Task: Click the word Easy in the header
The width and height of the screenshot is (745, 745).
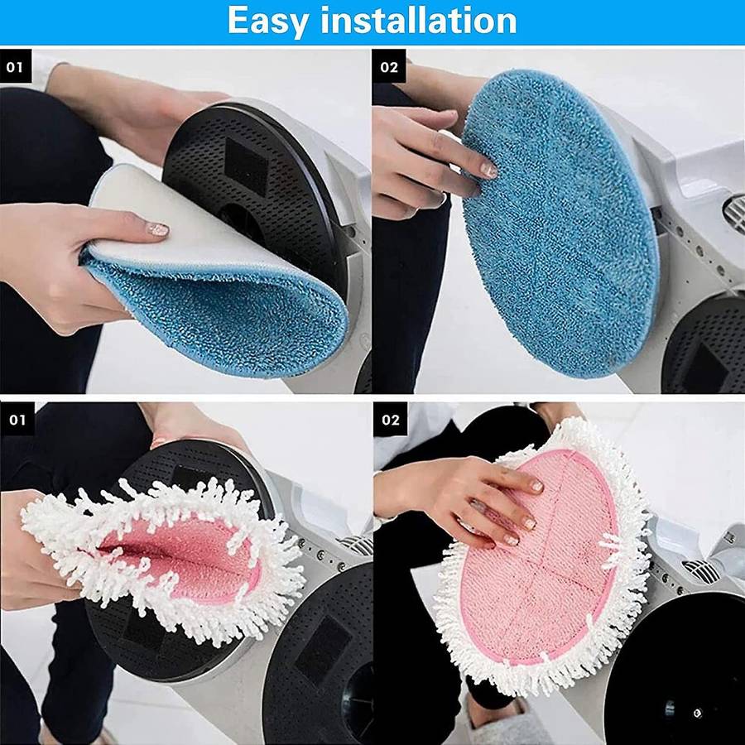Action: (x=268, y=21)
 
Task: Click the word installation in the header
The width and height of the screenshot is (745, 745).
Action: (x=419, y=20)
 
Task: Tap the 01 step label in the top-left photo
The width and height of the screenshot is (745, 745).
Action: (x=15, y=66)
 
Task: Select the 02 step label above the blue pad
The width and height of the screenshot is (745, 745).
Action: (x=389, y=66)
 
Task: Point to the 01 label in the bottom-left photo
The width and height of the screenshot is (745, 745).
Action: (x=17, y=419)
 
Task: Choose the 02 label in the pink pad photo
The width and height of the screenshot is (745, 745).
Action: (x=391, y=419)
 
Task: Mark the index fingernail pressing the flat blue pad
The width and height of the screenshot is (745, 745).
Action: (x=488, y=170)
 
